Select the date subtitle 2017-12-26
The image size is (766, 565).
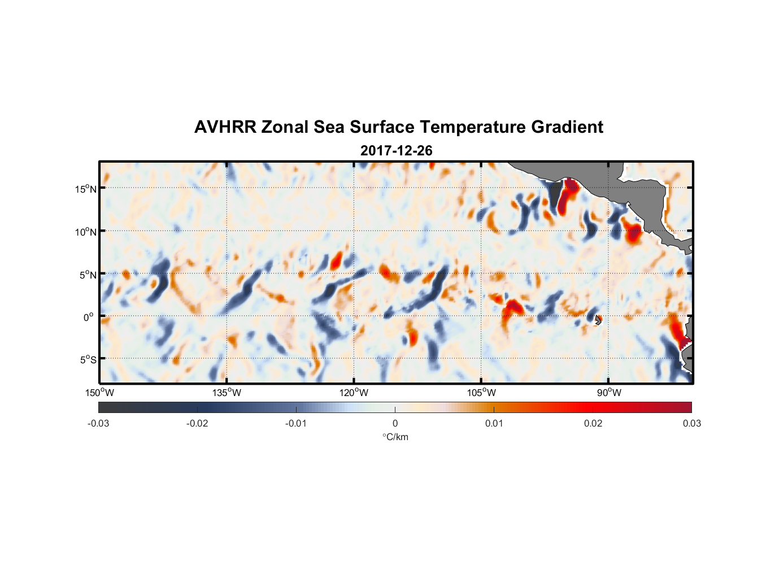click(396, 151)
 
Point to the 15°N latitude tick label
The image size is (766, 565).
click(86, 189)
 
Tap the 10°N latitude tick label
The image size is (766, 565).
click(86, 232)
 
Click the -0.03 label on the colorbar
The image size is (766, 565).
click(98, 424)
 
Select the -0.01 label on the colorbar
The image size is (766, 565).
click(296, 424)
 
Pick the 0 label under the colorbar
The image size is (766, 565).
click(395, 424)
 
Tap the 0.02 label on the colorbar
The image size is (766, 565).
click(593, 424)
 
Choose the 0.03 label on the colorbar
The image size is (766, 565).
click(691, 424)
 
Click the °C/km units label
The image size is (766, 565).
click(395, 437)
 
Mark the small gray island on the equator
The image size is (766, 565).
click(598, 319)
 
